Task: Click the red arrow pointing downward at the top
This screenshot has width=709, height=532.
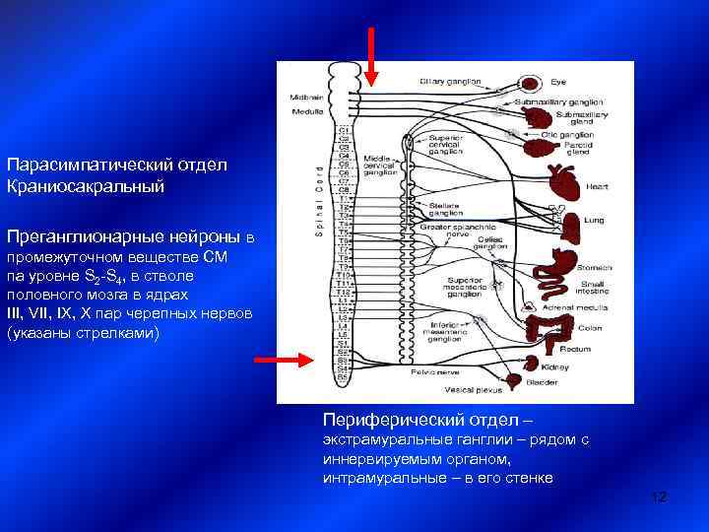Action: (x=371, y=55)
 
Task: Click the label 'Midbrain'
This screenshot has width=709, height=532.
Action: (x=301, y=97)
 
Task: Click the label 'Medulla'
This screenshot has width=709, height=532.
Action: (x=301, y=110)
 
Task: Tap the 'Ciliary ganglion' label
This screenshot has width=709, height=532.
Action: (x=449, y=81)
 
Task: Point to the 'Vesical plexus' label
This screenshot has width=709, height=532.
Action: (x=450, y=389)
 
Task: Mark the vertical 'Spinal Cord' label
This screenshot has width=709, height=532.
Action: (x=318, y=196)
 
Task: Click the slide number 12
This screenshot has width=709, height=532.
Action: (x=659, y=498)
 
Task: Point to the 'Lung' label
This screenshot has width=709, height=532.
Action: (x=594, y=222)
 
